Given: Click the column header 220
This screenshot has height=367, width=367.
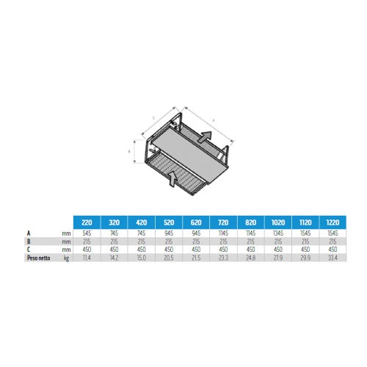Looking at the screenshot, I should point(87,221).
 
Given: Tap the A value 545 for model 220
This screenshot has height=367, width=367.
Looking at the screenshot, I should point(87,232).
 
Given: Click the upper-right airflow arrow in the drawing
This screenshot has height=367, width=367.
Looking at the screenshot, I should point(207,137).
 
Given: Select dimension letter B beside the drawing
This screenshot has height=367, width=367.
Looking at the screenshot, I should point(130,152).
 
